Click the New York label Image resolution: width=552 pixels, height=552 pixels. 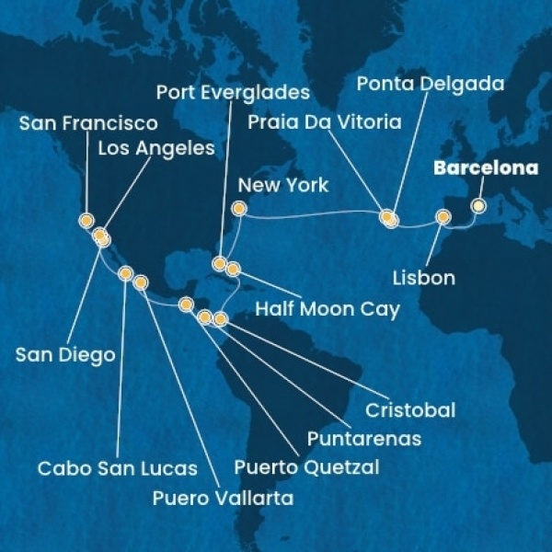pyautogui.click(x=282, y=185)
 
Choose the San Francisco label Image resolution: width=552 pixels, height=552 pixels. pyautogui.click(x=87, y=123)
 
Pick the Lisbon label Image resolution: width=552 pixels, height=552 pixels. pyautogui.click(x=423, y=276)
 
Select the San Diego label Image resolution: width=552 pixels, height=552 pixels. pyautogui.click(x=64, y=354)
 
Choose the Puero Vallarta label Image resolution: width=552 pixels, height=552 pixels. pyautogui.click(x=224, y=499)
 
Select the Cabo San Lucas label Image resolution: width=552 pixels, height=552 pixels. pyautogui.click(x=118, y=468)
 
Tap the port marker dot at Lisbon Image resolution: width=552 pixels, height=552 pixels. pyautogui.click(x=443, y=218)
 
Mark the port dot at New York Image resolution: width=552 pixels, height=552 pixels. pyautogui.click(x=238, y=209)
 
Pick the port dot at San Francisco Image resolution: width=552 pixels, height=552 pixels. pyautogui.click(x=86, y=220)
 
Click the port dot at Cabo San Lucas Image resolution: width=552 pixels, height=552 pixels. pyautogui.click(x=126, y=272)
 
